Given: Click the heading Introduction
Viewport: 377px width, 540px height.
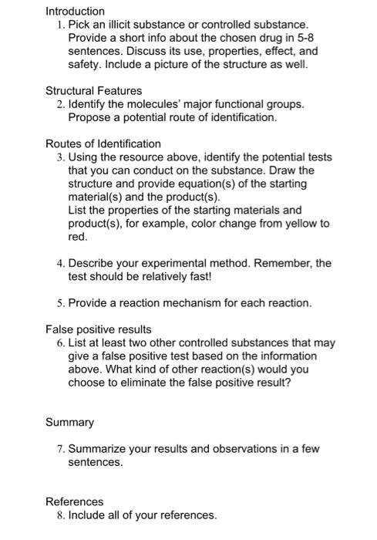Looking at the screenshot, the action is [x=75, y=12].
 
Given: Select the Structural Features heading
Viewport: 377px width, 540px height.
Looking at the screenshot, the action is [x=93, y=90].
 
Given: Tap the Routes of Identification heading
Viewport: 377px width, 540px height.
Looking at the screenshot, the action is [x=103, y=143].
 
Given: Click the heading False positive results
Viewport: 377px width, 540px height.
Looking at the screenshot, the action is [x=99, y=329].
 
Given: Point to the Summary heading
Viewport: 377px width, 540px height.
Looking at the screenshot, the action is [x=69, y=423].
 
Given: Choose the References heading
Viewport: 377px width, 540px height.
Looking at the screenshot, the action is [x=74, y=501].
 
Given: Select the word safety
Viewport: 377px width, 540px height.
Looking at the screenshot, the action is [x=86, y=65].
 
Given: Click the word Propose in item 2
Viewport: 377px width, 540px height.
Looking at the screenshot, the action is [x=90, y=117].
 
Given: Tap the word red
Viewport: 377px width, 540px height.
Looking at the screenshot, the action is [x=78, y=236].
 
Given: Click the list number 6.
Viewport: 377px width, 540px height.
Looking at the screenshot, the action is [x=60, y=343].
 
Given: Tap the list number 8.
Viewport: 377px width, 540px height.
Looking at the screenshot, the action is [x=60, y=515].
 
